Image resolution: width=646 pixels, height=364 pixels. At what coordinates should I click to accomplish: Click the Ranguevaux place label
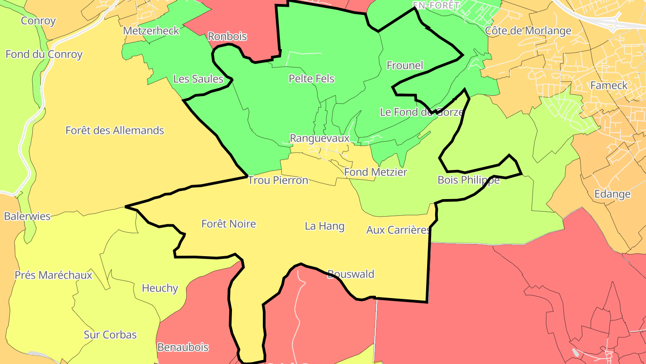click(319, 138)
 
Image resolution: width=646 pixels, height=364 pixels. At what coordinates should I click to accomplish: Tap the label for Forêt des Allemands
click(115, 131)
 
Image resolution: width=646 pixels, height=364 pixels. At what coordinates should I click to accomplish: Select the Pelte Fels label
click(311, 79)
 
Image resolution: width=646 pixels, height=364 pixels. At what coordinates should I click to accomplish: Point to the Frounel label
click(405, 66)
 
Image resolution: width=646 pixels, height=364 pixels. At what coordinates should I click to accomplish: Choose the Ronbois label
click(227, 37)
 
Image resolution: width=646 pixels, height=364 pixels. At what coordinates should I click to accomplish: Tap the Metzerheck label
click(151, 31)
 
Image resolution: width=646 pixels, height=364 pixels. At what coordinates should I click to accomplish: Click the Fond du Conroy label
click(44, 54)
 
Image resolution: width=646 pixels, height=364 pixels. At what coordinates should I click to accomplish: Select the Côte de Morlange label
click(528, 31)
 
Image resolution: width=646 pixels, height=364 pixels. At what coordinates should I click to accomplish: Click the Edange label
click(612, 195)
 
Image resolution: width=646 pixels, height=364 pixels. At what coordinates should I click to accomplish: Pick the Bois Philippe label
click(468, 180)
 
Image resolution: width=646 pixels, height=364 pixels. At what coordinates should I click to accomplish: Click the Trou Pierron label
click(278, 181)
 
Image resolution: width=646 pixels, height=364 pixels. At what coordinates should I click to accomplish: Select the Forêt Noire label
click(229, 224)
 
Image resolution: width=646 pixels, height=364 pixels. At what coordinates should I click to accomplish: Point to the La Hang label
click(325, 226)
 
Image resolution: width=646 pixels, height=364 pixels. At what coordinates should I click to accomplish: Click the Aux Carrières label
click(398, 230)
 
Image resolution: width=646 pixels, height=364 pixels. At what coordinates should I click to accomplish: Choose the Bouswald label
click(351, 274)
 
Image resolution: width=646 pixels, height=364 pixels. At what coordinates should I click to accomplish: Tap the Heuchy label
click(160, 289)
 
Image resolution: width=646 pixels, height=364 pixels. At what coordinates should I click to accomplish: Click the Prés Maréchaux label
click(53, 275)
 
